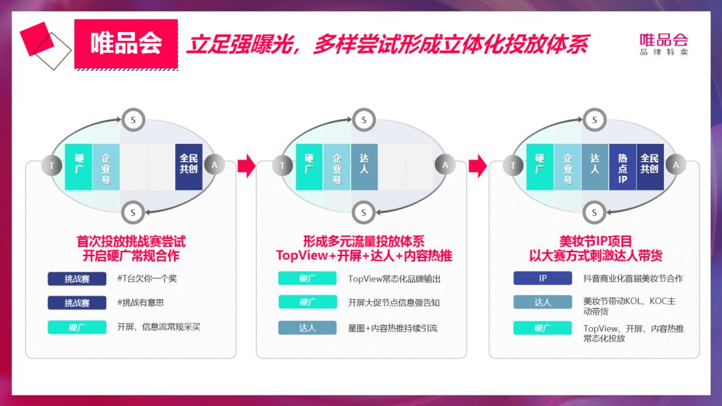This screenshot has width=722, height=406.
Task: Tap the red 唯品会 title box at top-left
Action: tap(126, 43)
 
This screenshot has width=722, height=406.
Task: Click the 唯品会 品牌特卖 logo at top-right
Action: tap(663, 44)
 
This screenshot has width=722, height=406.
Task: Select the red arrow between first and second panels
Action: tap(246, 166)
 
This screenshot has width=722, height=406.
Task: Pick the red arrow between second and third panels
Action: tap(477, 166)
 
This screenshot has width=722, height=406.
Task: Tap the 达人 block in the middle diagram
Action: tap(364, 167)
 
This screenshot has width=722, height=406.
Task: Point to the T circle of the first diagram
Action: tap(51, 165)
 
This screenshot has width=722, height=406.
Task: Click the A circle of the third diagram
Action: tap(675, 165)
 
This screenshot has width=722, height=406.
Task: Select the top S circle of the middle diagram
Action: tap(364, 120)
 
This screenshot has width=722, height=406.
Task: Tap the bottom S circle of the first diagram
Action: tap(133, 213)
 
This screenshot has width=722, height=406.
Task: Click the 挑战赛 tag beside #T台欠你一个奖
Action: tap(77, 279)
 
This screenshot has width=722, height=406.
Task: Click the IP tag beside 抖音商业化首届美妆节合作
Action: tap(543, 278)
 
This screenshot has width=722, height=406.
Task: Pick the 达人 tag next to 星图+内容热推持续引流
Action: tap(308, 328)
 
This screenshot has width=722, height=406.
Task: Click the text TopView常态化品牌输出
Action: tap(394, 279)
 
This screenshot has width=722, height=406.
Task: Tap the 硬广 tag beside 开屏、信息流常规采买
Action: tap(77, 327)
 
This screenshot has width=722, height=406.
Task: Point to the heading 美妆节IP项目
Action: tap(595, 241)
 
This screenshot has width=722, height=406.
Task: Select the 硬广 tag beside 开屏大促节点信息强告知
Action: tap(308, 302)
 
